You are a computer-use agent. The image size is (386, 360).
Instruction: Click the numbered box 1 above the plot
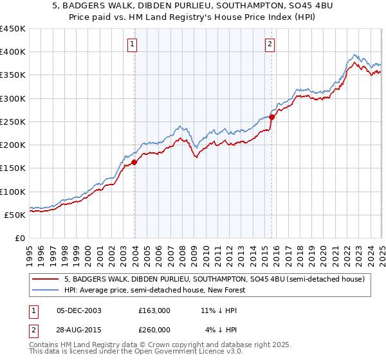[x=131, y=44]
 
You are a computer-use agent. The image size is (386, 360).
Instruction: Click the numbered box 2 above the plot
[x=270, y=44]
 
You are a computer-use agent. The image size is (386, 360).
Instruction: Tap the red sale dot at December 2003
[x=134, y=163]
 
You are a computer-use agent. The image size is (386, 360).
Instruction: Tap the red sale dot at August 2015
[x=272, y=117]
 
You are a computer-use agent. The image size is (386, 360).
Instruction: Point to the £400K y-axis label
[x=13, y=52]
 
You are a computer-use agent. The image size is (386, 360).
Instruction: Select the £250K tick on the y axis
[x=13, y=122]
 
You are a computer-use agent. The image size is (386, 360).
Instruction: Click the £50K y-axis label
[x=15, y=215]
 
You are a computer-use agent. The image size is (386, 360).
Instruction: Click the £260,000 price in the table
[x=154, y=330]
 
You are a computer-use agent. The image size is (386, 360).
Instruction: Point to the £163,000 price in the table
[x=154, y=310]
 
